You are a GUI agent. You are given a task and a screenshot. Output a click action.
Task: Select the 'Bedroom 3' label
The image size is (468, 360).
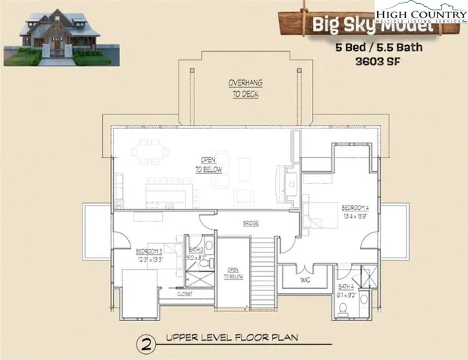(x=150, y=251)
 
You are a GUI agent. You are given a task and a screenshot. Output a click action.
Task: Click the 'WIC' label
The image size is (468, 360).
(x=304, y=280)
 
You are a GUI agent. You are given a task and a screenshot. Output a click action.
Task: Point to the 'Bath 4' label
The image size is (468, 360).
(x=346, y=286)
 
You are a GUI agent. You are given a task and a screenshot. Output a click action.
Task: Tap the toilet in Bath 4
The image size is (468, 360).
(x=364, y=299)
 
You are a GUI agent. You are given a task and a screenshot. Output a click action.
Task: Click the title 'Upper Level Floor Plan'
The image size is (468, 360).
(x=232, y=338)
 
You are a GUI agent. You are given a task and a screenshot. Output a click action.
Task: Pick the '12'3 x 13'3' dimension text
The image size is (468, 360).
(x=150, y=259)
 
